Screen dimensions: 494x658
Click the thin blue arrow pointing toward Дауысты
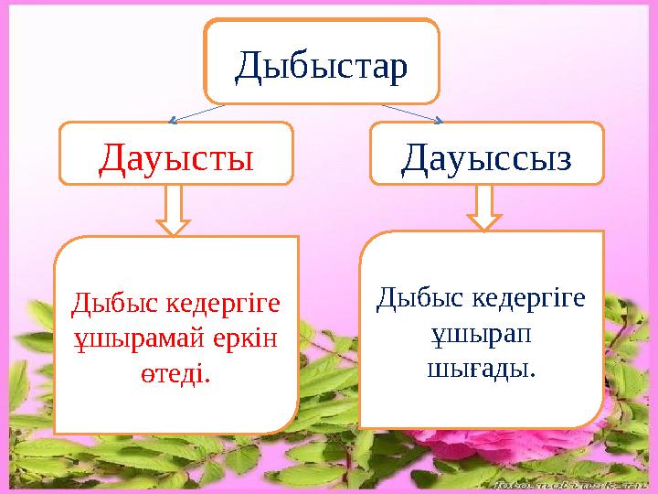[196, 113]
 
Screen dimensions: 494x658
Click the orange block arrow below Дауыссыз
[484, 208]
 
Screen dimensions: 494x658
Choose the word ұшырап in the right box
[482, 332]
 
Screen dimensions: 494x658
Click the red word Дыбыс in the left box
[107, 302]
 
